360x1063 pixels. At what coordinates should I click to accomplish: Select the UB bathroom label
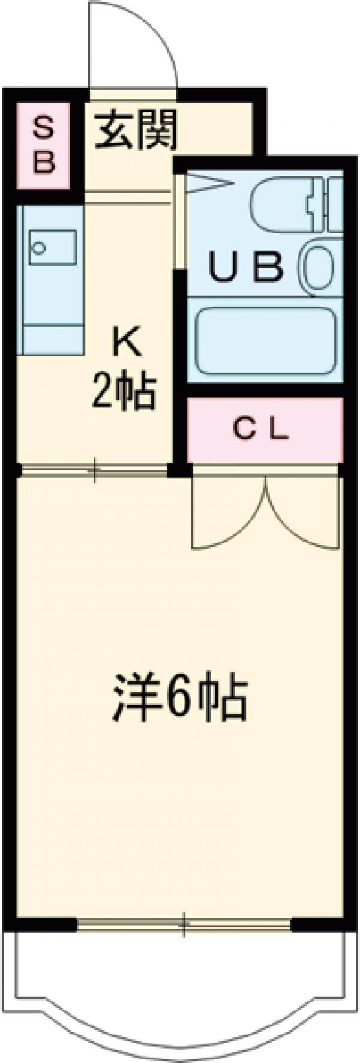pos(246,268)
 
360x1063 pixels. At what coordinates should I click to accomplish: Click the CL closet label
pos(261,428)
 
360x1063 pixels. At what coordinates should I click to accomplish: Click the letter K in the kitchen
pos(124,345)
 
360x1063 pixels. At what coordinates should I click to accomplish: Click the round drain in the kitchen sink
pos(40,247)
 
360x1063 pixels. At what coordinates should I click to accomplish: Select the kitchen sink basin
pos(53,247)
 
